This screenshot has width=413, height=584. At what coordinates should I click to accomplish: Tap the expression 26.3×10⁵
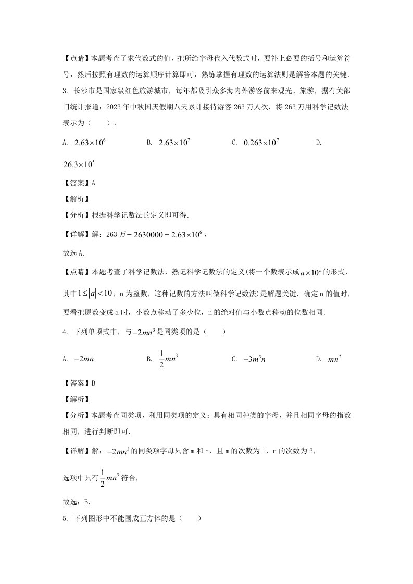(x=79, y=164)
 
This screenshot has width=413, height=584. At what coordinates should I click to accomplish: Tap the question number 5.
(x=64, y=519)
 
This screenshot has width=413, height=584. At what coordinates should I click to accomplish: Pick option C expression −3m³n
(x=256, y=359)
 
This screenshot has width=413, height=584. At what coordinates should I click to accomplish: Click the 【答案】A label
(x=79, y=183)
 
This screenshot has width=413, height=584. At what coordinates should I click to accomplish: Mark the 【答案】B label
(x=79, y=384)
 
